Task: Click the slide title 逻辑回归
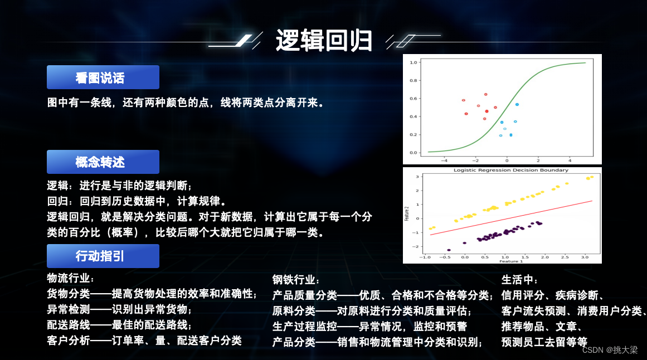(323, 40)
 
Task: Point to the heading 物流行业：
(71, 278)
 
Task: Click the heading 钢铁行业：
(296, 280)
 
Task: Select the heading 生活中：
(520, 280)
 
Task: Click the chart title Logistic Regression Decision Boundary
(510, 170)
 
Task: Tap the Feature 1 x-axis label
(511, 261)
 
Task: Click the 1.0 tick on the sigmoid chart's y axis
(414, 62)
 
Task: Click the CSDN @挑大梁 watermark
(610, 350)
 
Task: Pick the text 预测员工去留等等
(544, 342)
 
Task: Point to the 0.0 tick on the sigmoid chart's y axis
(414, 152)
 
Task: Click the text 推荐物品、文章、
(542, 326)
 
